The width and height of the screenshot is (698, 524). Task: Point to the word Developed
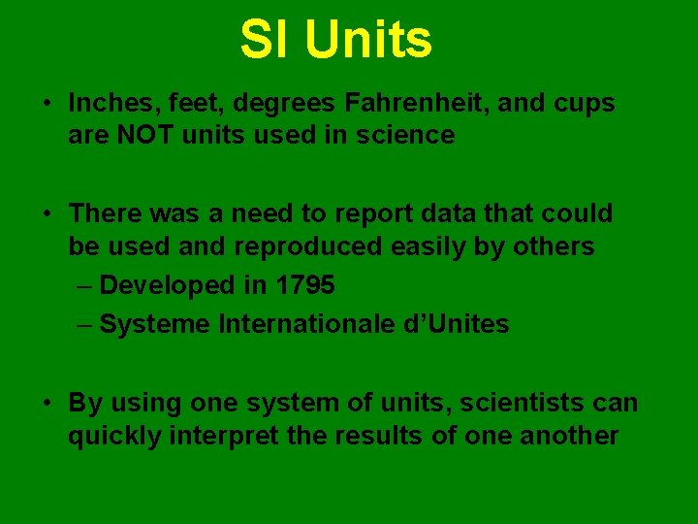tap(169, 285)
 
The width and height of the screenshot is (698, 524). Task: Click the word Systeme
tap(155, 324)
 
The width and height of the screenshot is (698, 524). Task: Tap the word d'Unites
tap(456, 324)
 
